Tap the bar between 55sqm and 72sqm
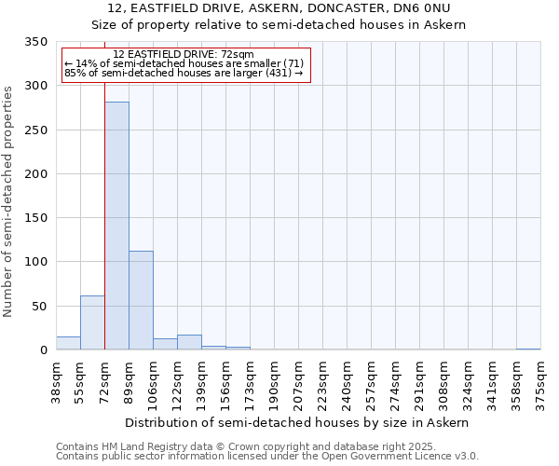(92, 322)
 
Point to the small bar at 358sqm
(528, 349)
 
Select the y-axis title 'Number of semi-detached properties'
(8, 200)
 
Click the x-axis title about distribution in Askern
(298, 422)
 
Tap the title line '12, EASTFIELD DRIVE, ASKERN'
(279, 8)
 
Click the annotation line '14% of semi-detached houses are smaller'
(184, 63)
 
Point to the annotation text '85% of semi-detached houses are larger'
(184, 73)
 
